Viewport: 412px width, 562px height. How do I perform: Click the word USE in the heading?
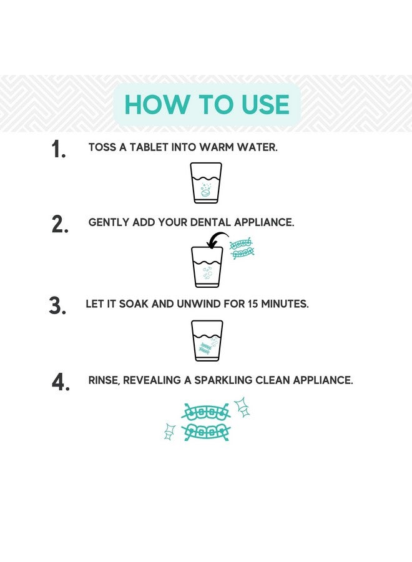coord(265,105)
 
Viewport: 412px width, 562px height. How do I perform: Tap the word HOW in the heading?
coord(157,105)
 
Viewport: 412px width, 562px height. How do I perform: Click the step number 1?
coord(59,149)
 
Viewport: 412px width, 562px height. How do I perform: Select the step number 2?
coord(60,224)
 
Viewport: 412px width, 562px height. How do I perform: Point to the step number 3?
coord(57,306)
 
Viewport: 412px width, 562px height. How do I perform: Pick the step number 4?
coord(61,382)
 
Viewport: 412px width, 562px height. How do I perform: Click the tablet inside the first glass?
coord(205,194)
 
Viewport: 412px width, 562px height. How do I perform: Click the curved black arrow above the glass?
coord(217,239)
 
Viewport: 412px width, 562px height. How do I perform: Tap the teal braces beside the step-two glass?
coord(242,249)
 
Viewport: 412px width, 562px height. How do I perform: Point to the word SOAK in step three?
coord(133,304)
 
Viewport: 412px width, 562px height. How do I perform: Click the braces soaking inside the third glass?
coord(205,348)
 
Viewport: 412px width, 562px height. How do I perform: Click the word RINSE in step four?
coord(104,380)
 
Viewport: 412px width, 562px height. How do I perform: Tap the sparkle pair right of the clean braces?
coord(242,407)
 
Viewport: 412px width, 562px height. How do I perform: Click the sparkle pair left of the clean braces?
coord(169,431)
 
